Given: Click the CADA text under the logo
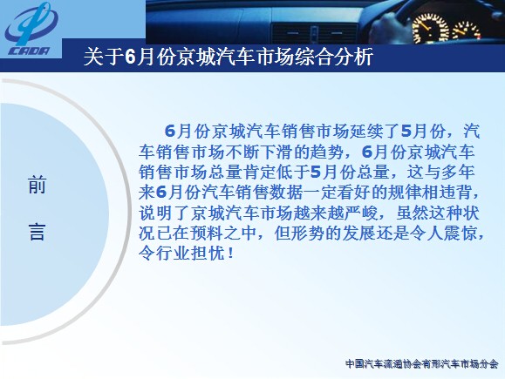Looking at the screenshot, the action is pyautogui.click(x=30, y=51).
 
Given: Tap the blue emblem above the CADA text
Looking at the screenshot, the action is pyautogui.click(x=31, y=24).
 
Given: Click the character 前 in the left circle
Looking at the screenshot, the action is pyautogui.click(x=37, y=185).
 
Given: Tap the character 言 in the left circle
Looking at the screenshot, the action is pyautogui.click(x=37, y=232).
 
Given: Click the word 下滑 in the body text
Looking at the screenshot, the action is pyautogui.click(x=277, y=152).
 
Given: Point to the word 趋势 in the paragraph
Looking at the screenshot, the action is pyautogui.click(x=327, y=152).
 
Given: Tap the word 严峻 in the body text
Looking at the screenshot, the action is pyautogui.click(x=361, y=213).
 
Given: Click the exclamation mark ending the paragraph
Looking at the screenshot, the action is pyautogui.click(x=229, y=254).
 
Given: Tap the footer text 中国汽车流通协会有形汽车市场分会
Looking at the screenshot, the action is pyautogui.click(x=421, y=364).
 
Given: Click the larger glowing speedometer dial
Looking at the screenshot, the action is pyautogui.click(x=430, y=28).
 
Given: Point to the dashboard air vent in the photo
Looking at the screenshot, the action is pyautogui.click(x=314, y=33).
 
